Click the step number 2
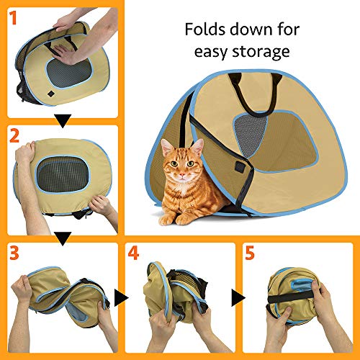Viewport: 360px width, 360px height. point(12,135)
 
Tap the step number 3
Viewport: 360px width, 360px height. point(12,253)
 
